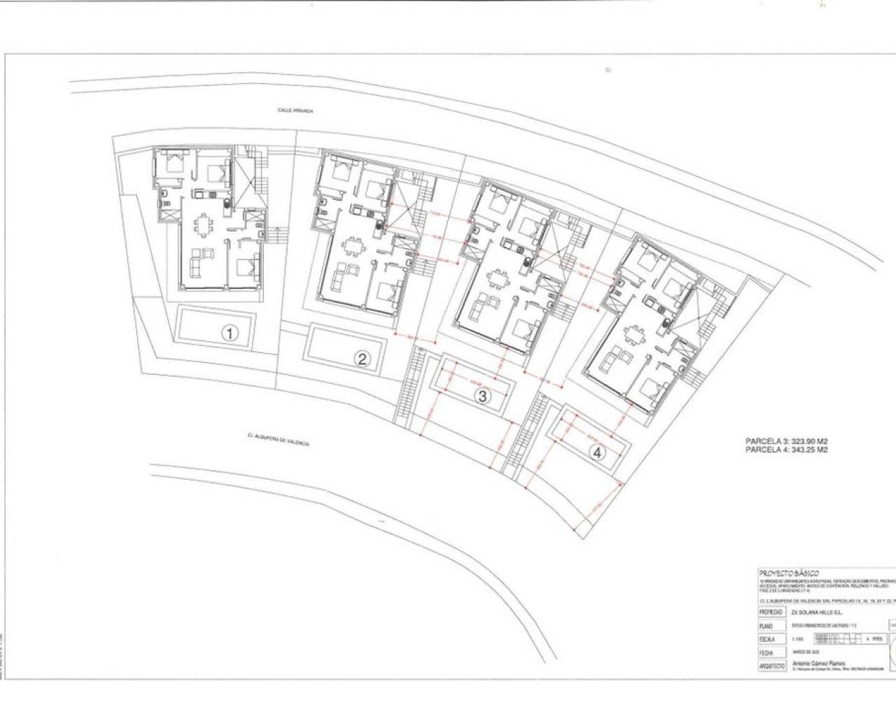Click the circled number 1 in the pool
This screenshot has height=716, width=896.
[230, 334]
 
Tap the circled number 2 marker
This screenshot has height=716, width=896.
[363, 359]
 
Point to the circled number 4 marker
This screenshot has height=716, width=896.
[597, 452]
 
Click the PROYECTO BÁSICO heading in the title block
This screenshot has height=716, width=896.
[789, 572]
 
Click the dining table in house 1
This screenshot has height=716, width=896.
[204, 225]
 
